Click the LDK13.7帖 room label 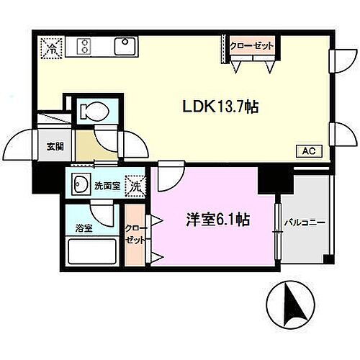coord(220,107)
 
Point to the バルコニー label coord(305,222)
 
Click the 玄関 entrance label coord(55,146)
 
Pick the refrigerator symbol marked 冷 coord(51,48)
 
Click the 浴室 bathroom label coord(83,228)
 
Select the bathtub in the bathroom coord(92,254)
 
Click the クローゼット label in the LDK coord(252,45)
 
